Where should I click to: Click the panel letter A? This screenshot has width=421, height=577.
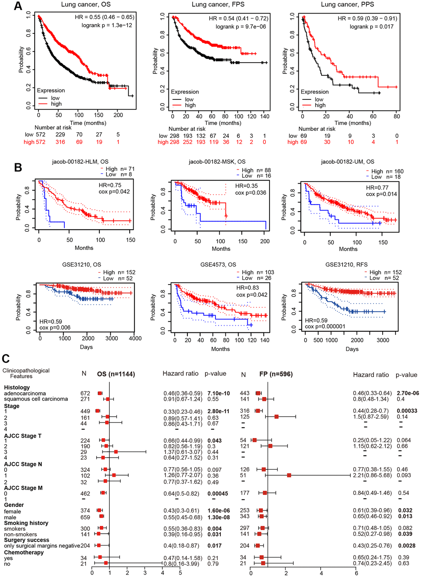tap(18, 6)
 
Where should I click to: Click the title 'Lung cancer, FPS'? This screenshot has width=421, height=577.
tap(218, 5)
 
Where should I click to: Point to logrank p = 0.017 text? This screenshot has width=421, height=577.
tap(371, 26)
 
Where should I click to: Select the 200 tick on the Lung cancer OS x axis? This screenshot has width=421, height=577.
tap(118, 115)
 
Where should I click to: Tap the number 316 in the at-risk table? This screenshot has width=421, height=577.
tap(60, 142)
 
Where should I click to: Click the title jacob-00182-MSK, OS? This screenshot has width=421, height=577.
tap(217, 162)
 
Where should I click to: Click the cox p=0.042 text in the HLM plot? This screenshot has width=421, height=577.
tap(114, 191)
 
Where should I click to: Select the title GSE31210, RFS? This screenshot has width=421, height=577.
tap(346, 264)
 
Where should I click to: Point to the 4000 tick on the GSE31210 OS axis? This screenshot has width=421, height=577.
tap(135, 338)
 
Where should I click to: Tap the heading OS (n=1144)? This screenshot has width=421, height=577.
tap(116, 374)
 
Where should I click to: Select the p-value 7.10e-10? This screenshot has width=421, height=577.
tap(218, 393)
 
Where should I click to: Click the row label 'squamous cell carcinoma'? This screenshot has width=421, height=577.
tap(36, 399)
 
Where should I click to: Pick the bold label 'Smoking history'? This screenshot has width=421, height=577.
tap(26, 523)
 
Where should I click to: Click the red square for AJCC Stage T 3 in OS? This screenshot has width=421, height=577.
tap(116, 452)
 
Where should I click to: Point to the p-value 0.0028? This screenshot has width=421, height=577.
tap(407, 546)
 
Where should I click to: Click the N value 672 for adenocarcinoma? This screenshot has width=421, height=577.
tap(85, 393)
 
